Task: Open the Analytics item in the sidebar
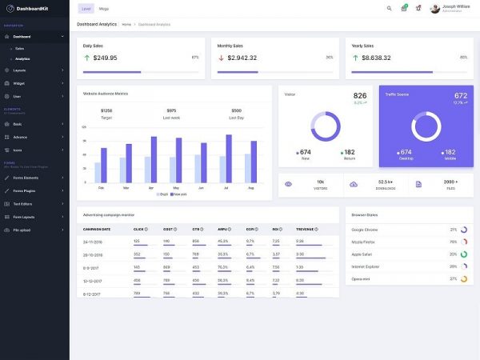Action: (x=22, y=58)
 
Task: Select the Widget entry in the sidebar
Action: (x=19, y=83)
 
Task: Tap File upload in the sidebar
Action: (x=22, y=230)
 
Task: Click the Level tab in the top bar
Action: (x=86, y=8)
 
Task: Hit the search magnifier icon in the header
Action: (x=390, y=8)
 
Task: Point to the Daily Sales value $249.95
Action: (x=105, y=58)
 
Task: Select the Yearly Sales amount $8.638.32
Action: (x=376, y=58)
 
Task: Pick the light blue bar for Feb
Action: (x=98, y=172)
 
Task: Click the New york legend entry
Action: (x=179, y=194)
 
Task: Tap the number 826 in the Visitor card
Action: (x=360, y=95)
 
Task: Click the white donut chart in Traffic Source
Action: (x=426, y=126)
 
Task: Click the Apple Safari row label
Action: (x=362, y=254)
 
